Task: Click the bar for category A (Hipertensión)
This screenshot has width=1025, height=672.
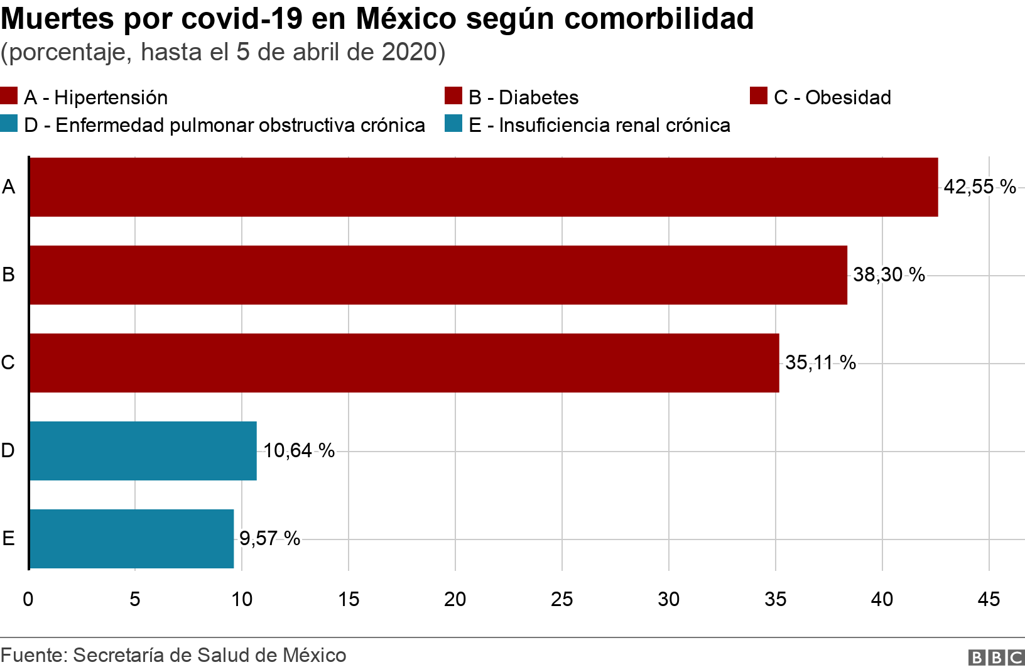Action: (x=484, y=187)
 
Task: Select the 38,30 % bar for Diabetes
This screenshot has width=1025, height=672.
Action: (x=438, y=275)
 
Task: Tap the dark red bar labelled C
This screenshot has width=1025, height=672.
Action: (x=404, y=363)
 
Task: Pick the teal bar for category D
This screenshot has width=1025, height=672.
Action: (x=143, y=450)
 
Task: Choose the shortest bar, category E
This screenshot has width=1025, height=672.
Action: (x=132, y=538)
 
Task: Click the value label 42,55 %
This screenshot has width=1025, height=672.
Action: (x=980, y=187)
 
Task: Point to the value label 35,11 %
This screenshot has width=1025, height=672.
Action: (x=820, y=363)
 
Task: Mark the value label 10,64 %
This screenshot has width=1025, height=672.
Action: (x=299, y=450)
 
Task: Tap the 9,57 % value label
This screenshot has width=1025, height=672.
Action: (x=270, y=538)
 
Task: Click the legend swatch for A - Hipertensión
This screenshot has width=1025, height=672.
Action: (x=9, y=95)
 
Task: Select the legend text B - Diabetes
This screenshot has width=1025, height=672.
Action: (x=523, y=97)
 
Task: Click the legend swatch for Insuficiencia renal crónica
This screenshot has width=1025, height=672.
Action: (x=453, y=124)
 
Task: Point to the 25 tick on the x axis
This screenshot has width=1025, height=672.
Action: (x=562, y=599)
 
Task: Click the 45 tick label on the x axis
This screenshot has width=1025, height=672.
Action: (x=989, y=599)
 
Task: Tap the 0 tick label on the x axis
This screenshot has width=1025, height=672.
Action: (x=28, y=599)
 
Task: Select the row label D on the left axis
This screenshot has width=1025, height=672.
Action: (x=8, y=450)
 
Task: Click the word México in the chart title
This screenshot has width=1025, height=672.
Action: (x=406, y=19)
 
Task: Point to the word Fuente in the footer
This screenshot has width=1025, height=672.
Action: (x=35, y=655)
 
